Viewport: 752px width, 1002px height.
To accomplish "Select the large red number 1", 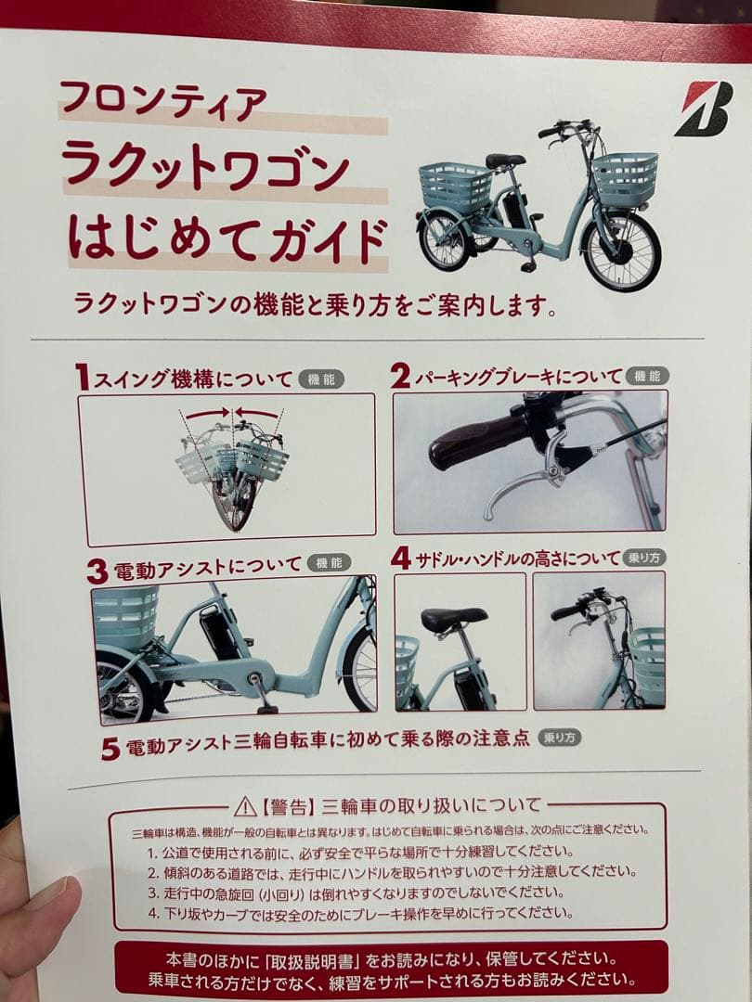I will click(x=83, y=378).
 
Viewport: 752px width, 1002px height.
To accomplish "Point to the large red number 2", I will click(x=399, y=376).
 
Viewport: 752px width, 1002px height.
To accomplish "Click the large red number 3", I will click(x=97, y=570).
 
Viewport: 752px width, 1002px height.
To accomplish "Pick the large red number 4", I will click(x=400, y=558).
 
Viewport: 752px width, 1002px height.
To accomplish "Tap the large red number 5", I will click(x=110, y=748).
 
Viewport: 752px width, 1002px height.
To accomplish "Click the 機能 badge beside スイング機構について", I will click(x=320, y=379).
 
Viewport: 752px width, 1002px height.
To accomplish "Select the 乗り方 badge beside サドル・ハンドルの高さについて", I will click(x=645, y=558).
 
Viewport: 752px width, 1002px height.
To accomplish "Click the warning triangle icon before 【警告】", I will click(x=245, y=805).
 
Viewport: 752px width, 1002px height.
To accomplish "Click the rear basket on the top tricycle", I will click(x=455, y=186).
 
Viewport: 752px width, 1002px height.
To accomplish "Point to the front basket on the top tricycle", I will click(x=625, y=177).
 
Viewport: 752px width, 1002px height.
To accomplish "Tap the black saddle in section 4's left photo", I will click(x=454, y=619).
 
